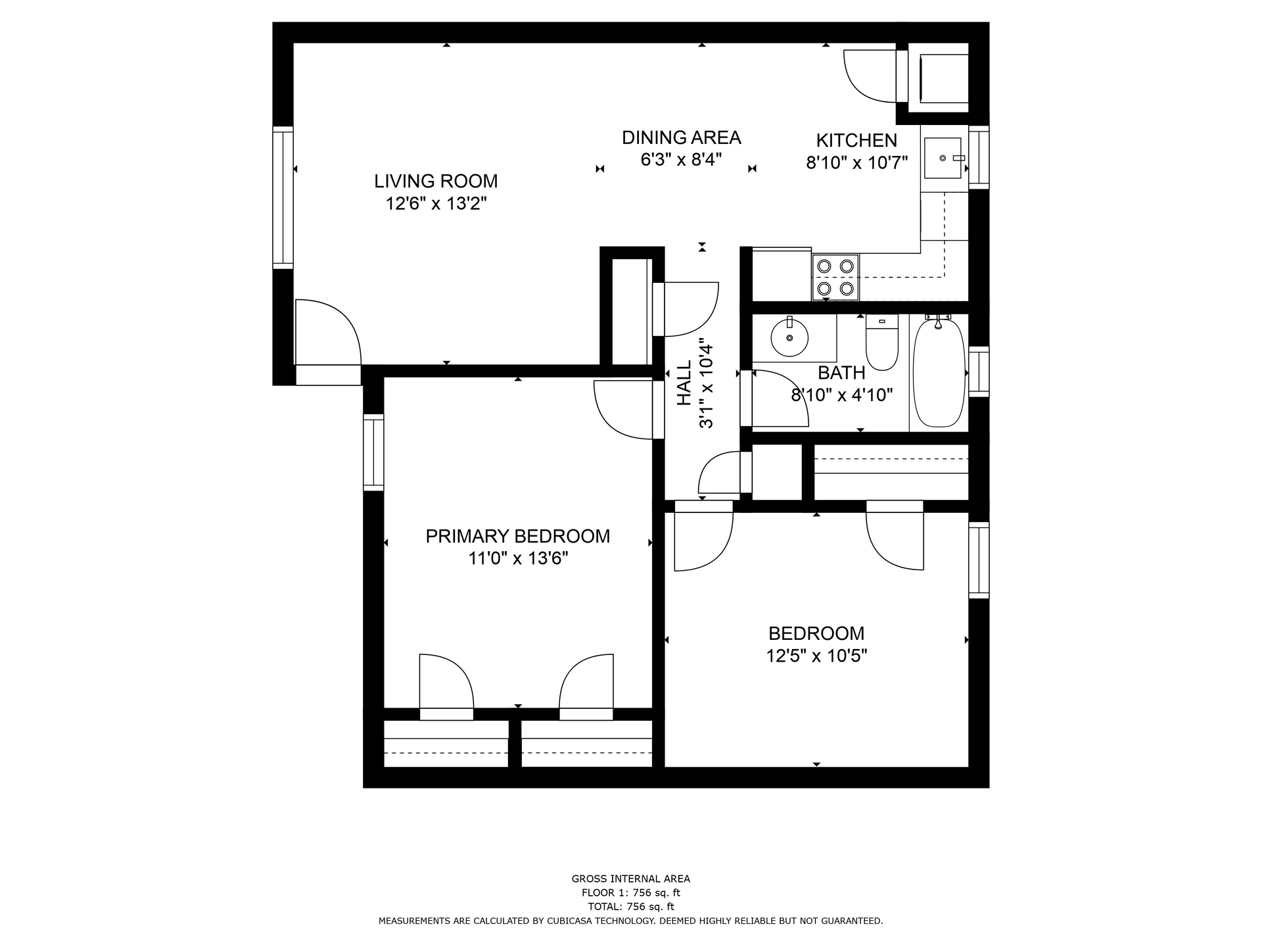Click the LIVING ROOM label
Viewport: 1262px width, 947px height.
coord(436,181)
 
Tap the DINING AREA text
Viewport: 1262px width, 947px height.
coord(682,137)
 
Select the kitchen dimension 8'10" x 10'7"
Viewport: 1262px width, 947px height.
coord(857,162)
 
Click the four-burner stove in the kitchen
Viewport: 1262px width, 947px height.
coord(835,277)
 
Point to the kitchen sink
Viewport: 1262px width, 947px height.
coord(943,158)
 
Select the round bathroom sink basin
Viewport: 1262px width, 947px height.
coord(789,337)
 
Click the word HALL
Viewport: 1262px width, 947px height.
coord(684,383)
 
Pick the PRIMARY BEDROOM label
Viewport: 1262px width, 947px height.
coord(518,536)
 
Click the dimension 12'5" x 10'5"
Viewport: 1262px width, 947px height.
coord(816,656)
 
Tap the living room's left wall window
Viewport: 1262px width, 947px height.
coord(283,197)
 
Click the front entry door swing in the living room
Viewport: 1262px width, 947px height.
coord(328,332)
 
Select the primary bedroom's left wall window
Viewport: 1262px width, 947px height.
coord(373,452)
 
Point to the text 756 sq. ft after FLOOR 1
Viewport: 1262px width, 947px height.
coord(656,892)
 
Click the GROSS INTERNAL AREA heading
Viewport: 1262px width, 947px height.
coord(631,879)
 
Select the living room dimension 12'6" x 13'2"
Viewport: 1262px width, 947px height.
coord(436,204)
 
